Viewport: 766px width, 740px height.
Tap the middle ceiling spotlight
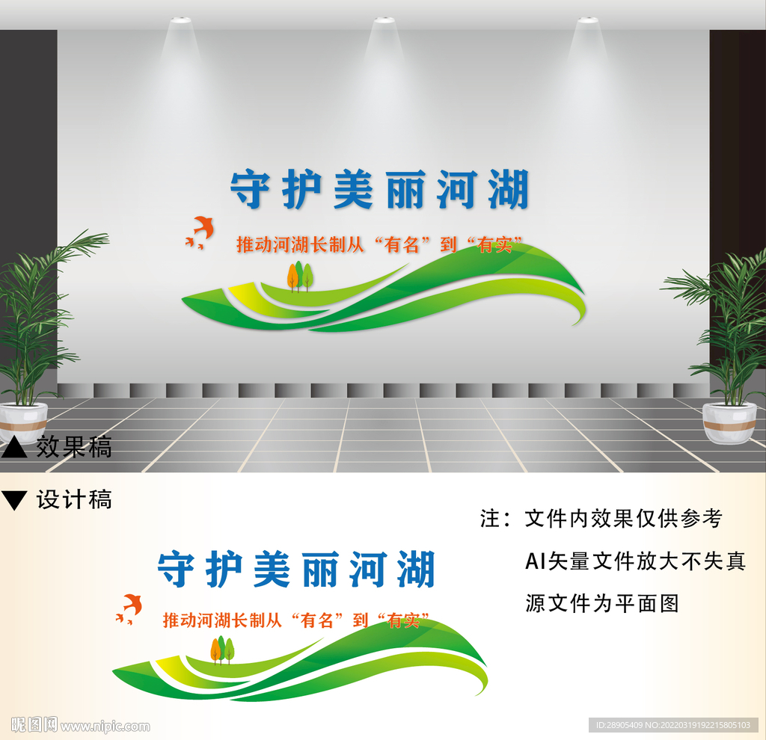(x=384, y=20)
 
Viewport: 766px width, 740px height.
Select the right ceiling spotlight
(x=587, y=20)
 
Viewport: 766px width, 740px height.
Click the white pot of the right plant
(x=729, y=424)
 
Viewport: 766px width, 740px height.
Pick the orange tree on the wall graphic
(x=292, y=276)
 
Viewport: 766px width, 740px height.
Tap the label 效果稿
(x=74, y=447)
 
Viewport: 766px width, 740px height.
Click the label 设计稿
(x=74, y=499)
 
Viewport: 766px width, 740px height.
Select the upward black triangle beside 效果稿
(x=14, y=448)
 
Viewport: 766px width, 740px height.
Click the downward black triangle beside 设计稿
(x=14, y=500)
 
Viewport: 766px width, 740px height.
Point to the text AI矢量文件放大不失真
(x=635, y=561)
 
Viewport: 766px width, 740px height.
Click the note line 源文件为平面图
(x=601, y=603)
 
